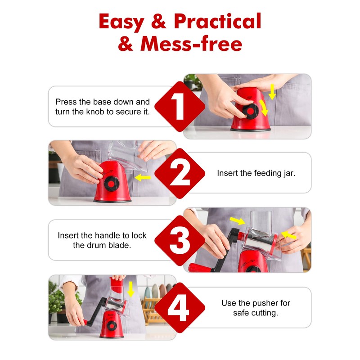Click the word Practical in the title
pyautogui.click(x=217, y=21)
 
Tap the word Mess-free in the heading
pyautogui.click(x=191, y=44)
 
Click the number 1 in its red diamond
pyautogui.click(x=178, y=106)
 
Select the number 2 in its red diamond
pyautogui.click(x=180, y=174)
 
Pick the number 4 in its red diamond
pyautogui.click(x=178, y=308)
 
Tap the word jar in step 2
pyautogui.click(x=289, y=174)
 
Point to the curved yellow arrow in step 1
pyautogui.click(x=264, y=108)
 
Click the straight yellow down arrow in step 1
pyautogui.click(x=272, y=92)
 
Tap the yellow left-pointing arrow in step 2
pyautogui.click(x=143, y=177)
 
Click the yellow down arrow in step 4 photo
pyautogui.click(x=130, y=289)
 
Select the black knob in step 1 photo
pyautogui.click(x=250, y=111)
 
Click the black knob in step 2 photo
pyautogui.click(x=111, y=184)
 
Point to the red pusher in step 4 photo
pyautogui.click(x=117, y=285)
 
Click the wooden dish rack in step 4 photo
pyautogui.click(x=152, y=310)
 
